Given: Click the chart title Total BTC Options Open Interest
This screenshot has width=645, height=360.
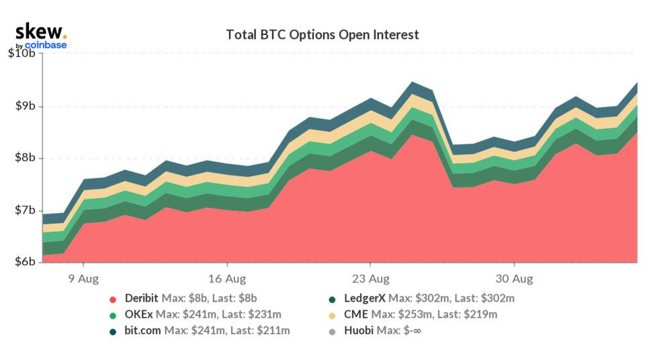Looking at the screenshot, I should tap(322, 34).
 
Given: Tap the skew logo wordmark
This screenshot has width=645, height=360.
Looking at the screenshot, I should tap(40, 31).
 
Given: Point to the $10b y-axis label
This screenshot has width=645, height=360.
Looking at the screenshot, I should tap(21, 54).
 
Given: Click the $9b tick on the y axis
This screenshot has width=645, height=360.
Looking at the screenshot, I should tap(24, 106).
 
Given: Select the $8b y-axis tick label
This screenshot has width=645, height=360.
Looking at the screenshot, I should tap(24, 159).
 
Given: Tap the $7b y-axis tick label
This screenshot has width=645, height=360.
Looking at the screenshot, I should tap(24, 211).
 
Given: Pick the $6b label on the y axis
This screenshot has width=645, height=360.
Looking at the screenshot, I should tap(24, 263).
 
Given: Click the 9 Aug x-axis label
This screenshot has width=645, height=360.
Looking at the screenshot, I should tap(82, 278).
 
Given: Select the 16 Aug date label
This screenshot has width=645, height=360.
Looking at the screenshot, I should tap(226, 278).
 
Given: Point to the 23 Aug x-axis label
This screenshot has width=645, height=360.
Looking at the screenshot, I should tap(371, 278).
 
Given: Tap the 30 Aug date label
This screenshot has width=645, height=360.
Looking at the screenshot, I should tap(515, 278).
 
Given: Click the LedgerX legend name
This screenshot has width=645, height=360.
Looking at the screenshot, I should tap(364, 298).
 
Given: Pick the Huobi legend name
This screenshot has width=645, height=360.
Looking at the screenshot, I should tap(359, 330).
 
